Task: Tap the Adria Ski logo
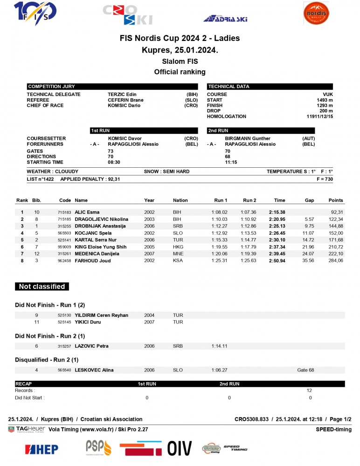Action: point(225,19)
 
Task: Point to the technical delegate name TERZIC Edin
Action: point(122,95)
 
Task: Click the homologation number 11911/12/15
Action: point(319,116)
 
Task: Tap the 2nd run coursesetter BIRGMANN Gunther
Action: point(247,138)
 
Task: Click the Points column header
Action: point(335,200)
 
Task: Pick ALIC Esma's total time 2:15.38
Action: point(277,212)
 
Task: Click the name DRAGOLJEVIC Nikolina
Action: point(101,219)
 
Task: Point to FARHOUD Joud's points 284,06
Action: point(335,261)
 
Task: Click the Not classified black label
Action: point(42,287)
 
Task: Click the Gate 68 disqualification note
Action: point(305,370)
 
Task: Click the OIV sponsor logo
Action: point(180,448)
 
